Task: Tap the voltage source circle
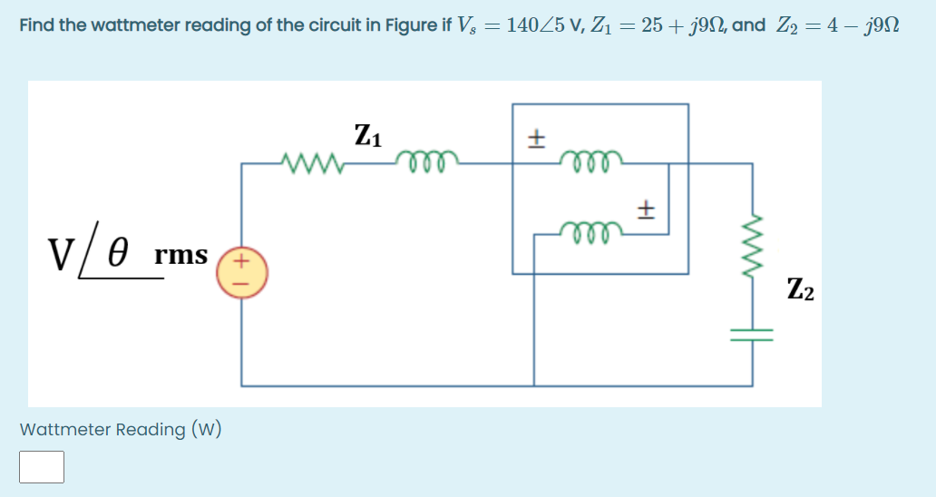(x=241, y=270)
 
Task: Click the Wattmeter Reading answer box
(x=42, y=467)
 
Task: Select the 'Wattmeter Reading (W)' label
(x=121, y=429)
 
